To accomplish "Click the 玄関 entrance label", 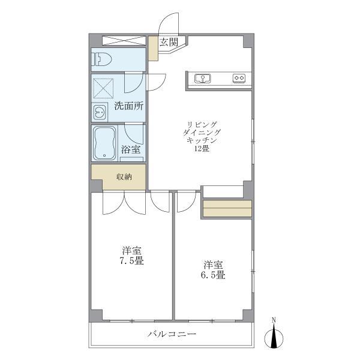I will coord(169,43).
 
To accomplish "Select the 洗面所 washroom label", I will coord(129,107).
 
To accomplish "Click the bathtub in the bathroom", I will coord(106,143).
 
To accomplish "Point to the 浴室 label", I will coord(131,149).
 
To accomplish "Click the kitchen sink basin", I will coord(201,78).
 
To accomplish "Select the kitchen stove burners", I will coord(239,78).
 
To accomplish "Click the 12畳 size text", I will coord(202,149).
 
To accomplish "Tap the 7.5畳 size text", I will coord(131,262).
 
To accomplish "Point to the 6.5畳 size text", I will coord(213,275).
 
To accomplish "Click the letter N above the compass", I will coord(275,319).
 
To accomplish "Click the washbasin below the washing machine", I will coord(98,112).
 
